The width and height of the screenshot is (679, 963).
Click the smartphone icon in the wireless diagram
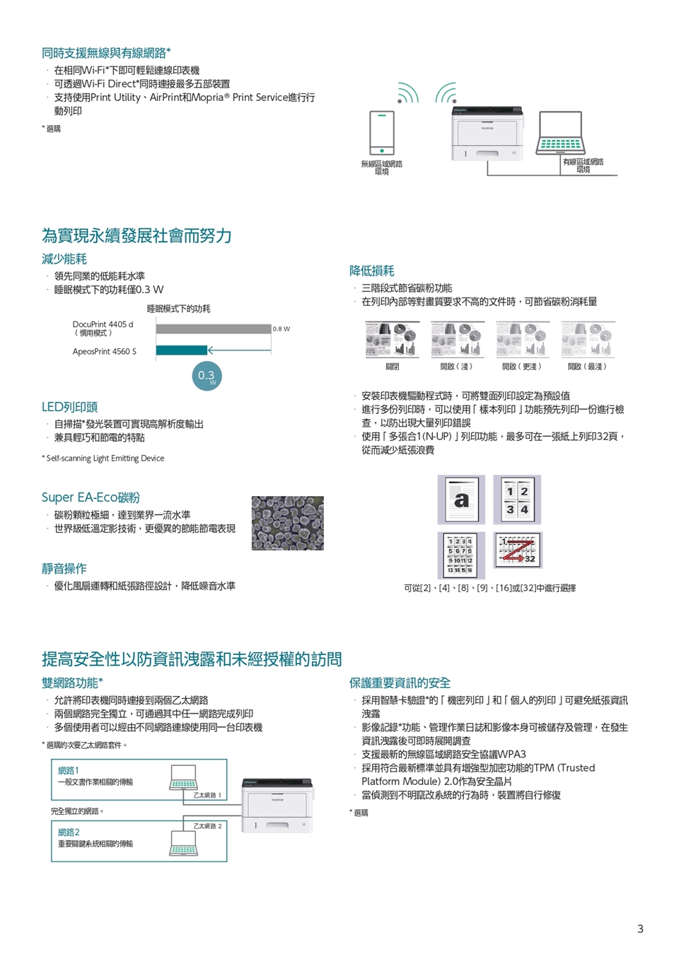[382, 133]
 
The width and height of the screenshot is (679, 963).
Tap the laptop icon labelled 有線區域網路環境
[560, 134]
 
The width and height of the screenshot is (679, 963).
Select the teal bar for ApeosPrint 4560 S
[181, 350]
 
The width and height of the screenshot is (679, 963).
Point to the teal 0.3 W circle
[207, 376]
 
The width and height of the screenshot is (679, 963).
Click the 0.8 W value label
[282, 329]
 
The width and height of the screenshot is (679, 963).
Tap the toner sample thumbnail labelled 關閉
[392, 340]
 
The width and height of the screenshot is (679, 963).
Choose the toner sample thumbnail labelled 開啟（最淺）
[588, 340]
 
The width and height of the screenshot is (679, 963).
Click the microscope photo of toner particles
[288, 523]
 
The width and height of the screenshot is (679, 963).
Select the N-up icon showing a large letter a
[461, 500]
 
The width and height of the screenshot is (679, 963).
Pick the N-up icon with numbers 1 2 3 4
[517, 500]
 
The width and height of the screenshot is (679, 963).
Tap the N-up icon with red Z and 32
[517, 550]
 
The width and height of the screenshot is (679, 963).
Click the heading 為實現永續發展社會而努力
[137, 235]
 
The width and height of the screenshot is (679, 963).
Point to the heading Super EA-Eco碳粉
[91, 497]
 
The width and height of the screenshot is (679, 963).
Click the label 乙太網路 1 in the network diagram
[207, 795]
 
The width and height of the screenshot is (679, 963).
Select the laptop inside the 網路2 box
[183, 841]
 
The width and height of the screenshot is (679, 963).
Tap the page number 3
[640, 928]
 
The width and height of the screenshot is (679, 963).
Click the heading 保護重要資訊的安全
[400, 683]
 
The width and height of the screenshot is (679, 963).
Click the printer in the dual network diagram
[277, 805]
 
